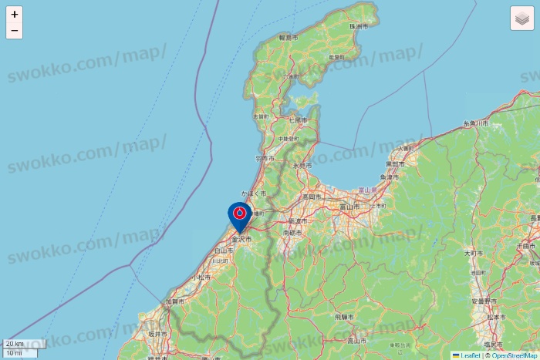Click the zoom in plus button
[15, 14]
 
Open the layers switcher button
[522, 18]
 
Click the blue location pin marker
[240, 215]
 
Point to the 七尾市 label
[298, 120]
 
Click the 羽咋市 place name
[264, 157]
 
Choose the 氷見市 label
[302, 166]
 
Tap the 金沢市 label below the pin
[241, 240]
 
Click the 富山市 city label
[350, 207]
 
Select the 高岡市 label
[311, 197]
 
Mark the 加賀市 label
[174, 302]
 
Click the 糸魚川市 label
[476, 123]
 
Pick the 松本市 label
[495, 317]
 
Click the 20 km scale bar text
[15, 344]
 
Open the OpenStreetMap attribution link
[513, 355]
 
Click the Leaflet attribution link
[470, 355]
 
